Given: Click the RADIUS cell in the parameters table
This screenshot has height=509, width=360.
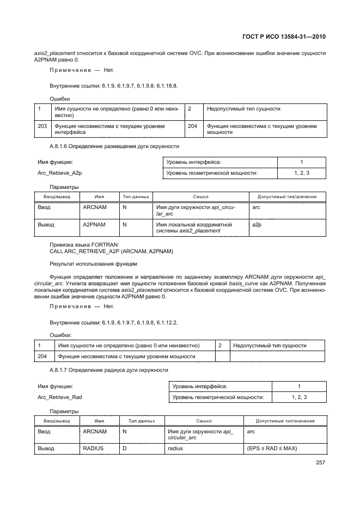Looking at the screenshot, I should point(93,449).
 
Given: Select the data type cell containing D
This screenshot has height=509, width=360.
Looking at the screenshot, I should point(125,449).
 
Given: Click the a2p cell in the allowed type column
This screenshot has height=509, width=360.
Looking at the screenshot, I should point(257,224).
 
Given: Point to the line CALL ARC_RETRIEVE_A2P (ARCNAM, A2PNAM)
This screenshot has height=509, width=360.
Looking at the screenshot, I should point(111,252).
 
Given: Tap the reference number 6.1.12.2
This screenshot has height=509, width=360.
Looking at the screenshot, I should point(167,322).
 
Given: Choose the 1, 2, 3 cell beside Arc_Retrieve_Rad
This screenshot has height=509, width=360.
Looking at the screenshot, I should point(299,397).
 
